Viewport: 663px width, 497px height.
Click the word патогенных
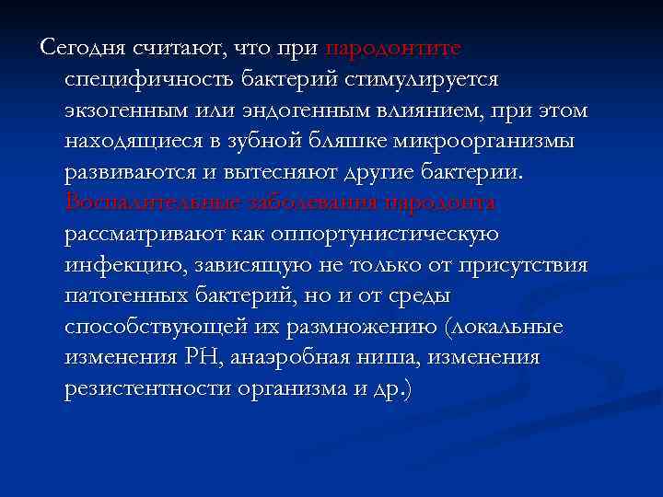[x=125, y=297]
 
